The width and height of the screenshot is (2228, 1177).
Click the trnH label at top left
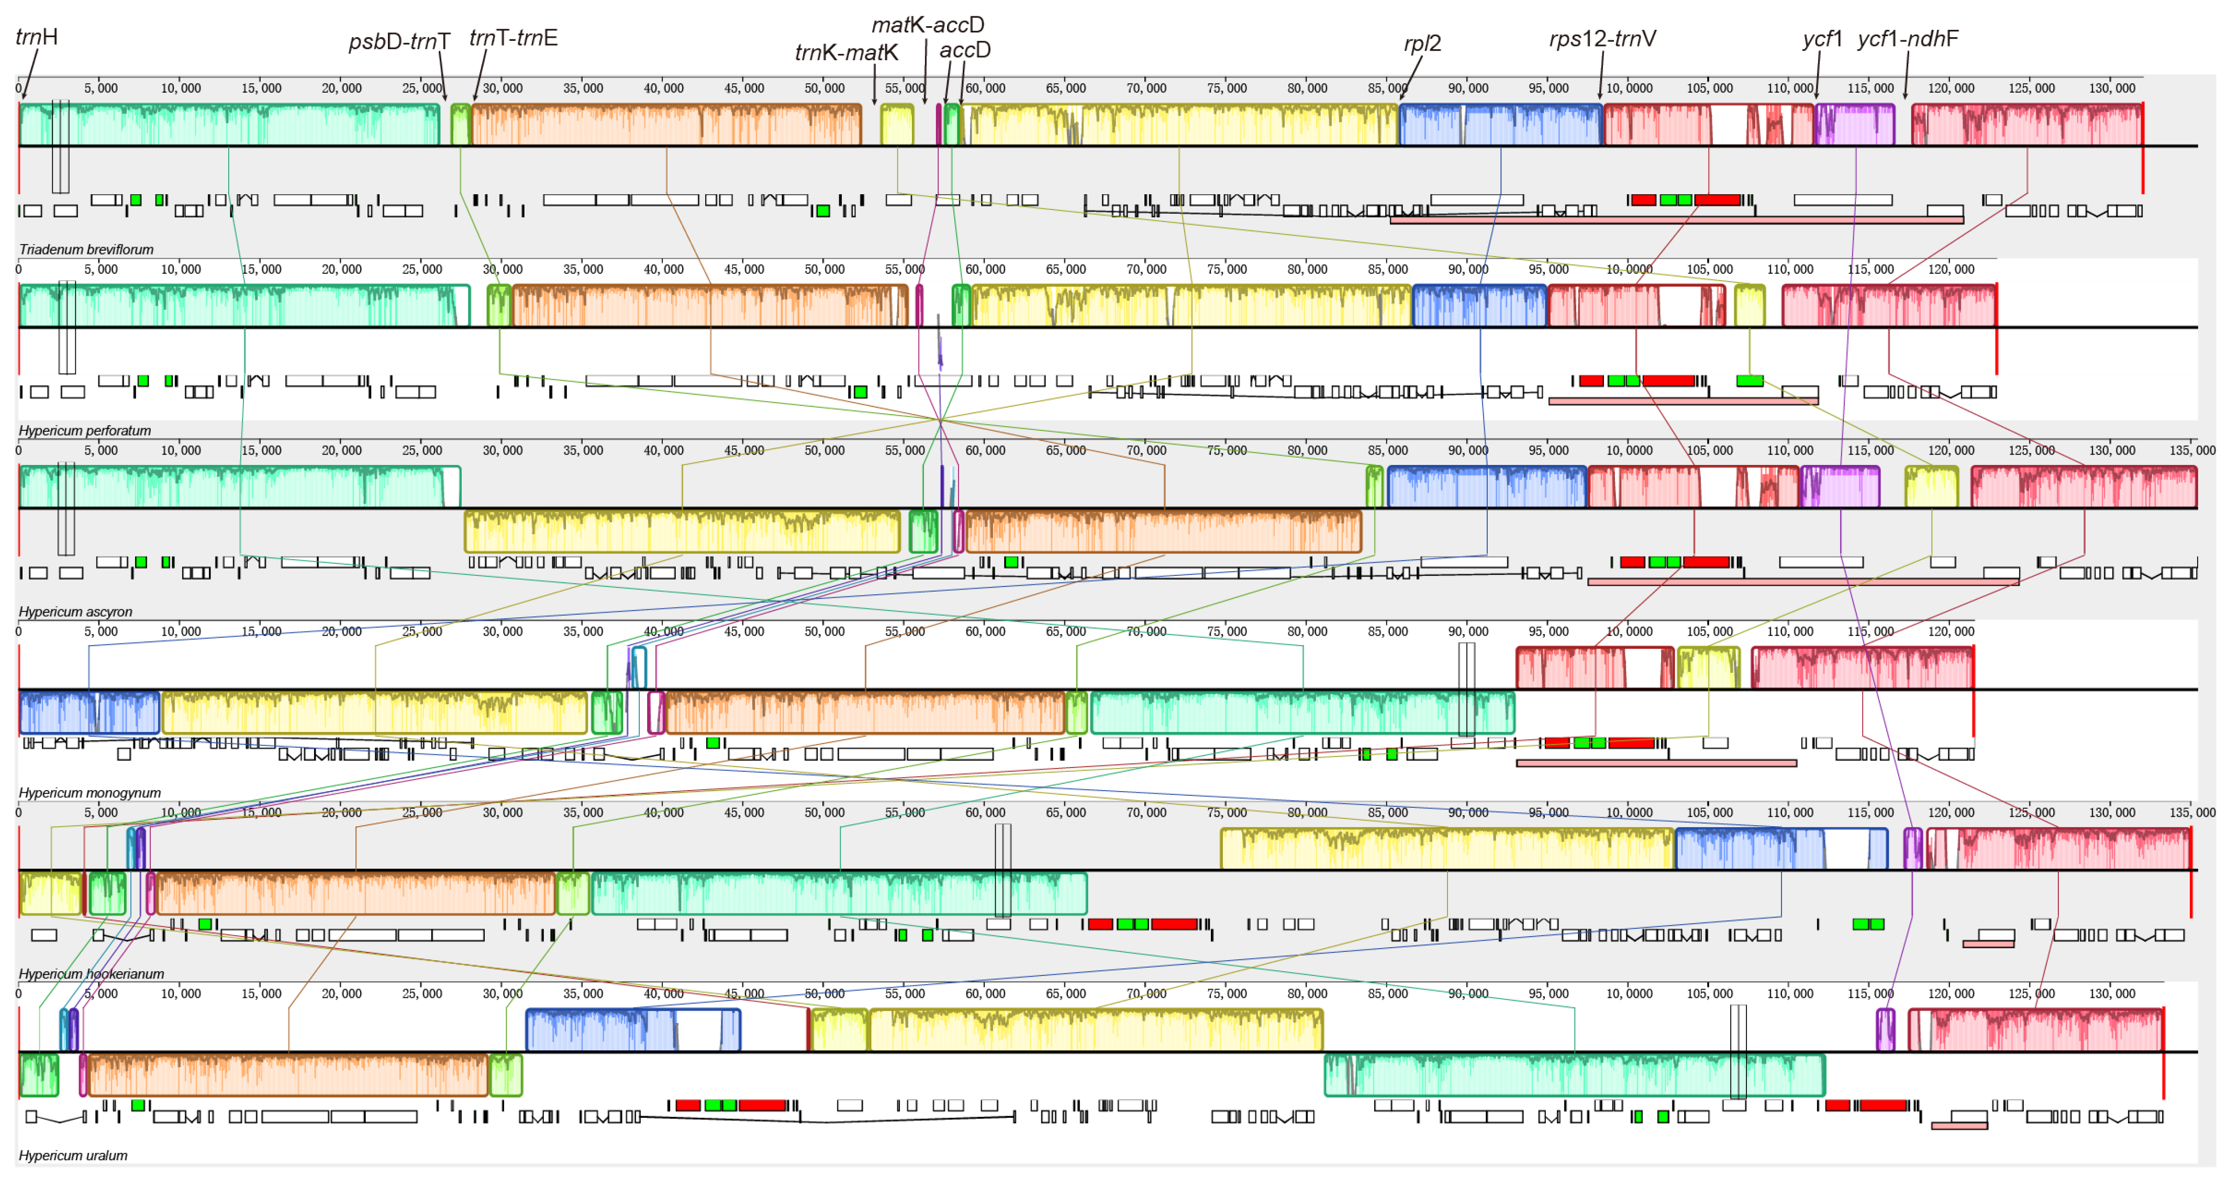pos(36,37)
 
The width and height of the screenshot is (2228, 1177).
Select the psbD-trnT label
pos(399,41)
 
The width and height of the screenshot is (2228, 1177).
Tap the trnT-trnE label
pos(513,38)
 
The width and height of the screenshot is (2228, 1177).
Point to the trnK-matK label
pos(846,53)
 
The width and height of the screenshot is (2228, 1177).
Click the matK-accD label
pos(927,25)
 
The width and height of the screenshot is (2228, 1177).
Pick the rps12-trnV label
pos(1602,39)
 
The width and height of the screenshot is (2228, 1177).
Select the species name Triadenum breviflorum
pos(86,250)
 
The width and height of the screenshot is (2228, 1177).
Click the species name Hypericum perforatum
pos(85,431)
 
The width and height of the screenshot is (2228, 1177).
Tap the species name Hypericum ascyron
pos(75,612)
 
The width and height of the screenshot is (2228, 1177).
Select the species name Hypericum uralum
pos(73,1156)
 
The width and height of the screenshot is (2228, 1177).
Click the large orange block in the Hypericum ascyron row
pos(1163,531)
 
